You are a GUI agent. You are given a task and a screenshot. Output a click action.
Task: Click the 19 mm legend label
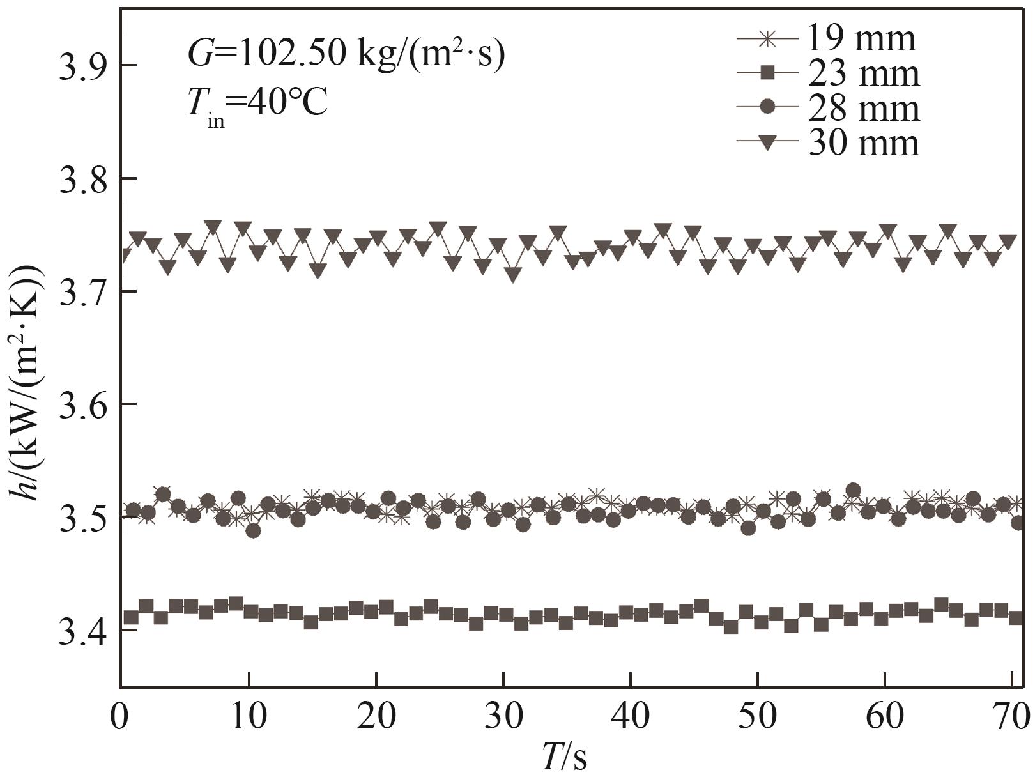861,38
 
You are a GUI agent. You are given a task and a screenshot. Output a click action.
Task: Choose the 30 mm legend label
864,142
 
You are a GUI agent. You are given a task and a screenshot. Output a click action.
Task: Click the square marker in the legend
768,73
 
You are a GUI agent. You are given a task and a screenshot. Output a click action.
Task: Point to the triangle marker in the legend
768,142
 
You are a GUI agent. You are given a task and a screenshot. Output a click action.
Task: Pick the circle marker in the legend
768,107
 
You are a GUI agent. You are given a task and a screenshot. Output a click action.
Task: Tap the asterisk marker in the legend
768,38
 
